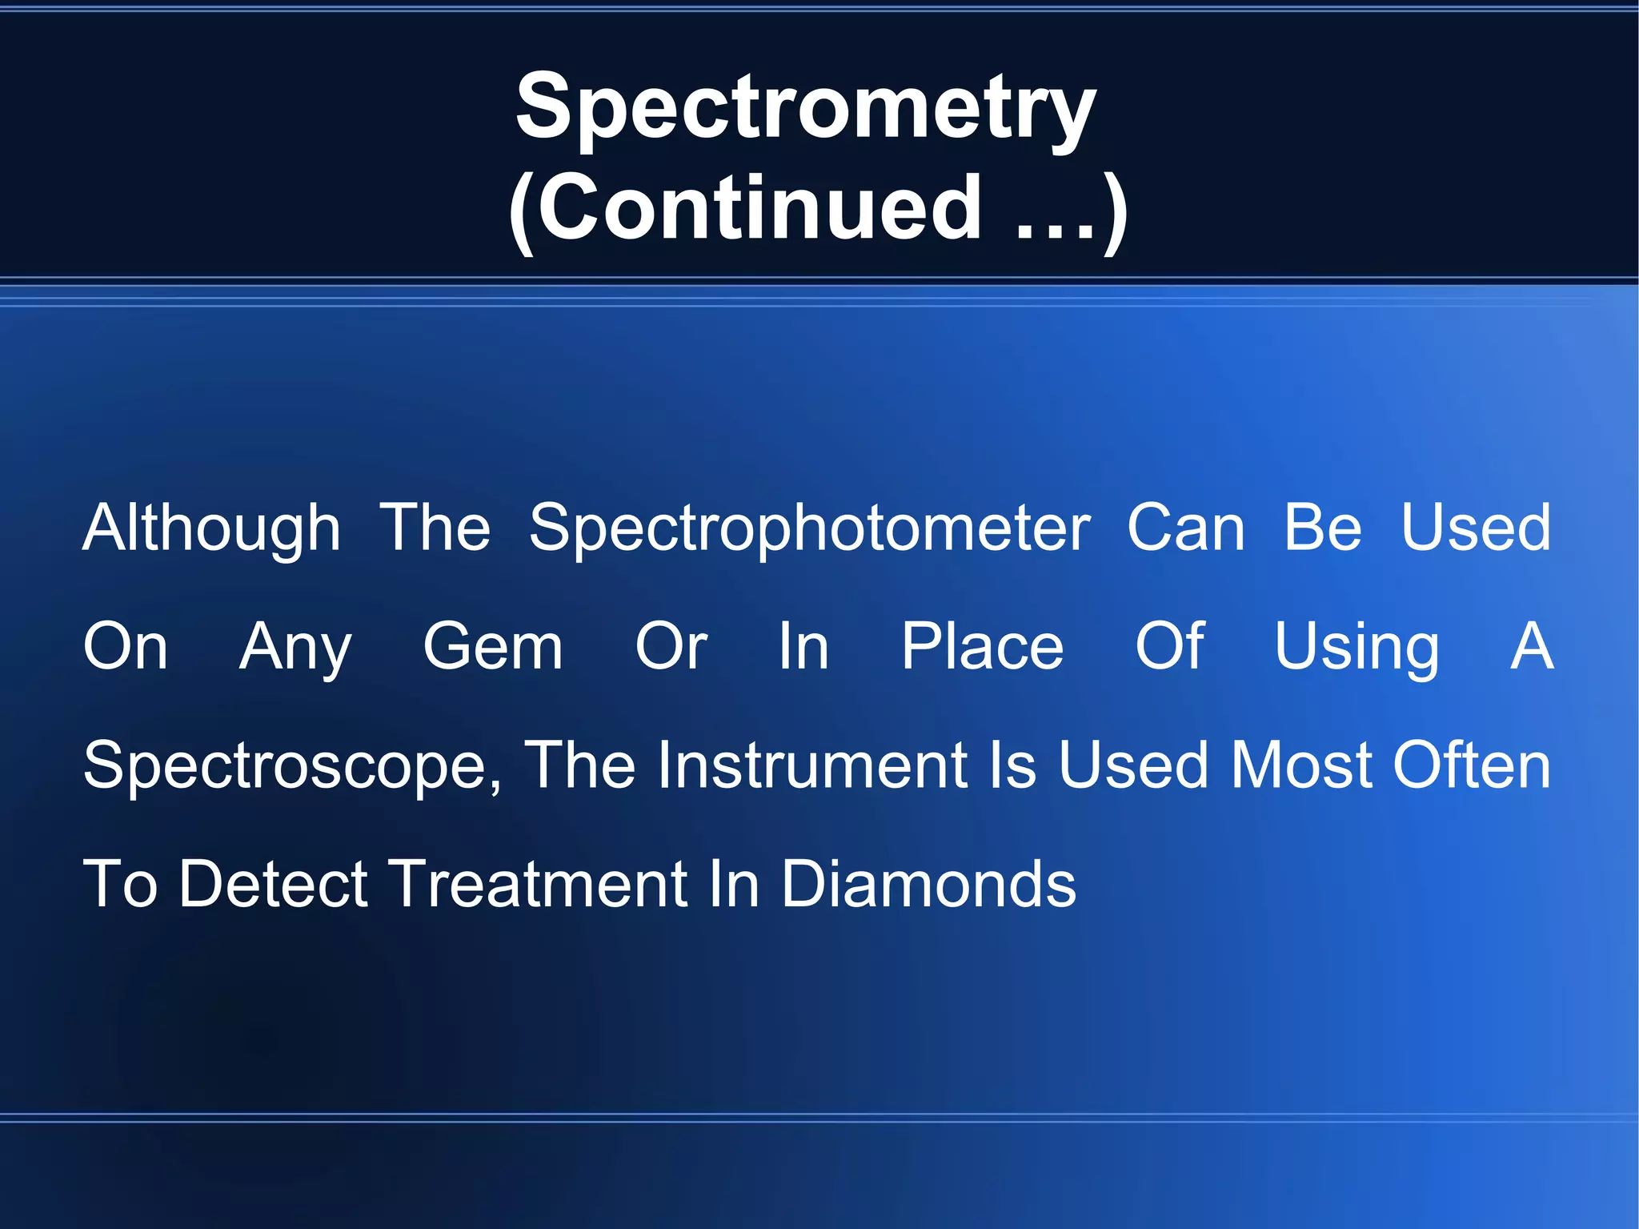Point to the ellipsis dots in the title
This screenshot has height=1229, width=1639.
click(1055, 232)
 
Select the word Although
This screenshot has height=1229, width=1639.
click(212, 528)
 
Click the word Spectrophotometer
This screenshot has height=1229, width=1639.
click(809, 528)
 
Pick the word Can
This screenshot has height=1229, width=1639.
click(1185, 528)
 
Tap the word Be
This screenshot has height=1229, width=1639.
click(1322, 528)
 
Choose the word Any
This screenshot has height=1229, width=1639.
click(295, 647)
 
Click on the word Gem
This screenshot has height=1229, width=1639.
click(493, 647)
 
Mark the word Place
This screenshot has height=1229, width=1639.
click(982, 647)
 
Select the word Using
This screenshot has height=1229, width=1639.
click(1356, 647)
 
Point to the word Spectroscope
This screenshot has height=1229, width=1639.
click(285, 766)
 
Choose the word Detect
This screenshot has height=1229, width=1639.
click(273, 884)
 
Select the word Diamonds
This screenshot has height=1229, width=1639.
click(928, 884)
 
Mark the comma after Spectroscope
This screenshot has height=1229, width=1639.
click(496, 789)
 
